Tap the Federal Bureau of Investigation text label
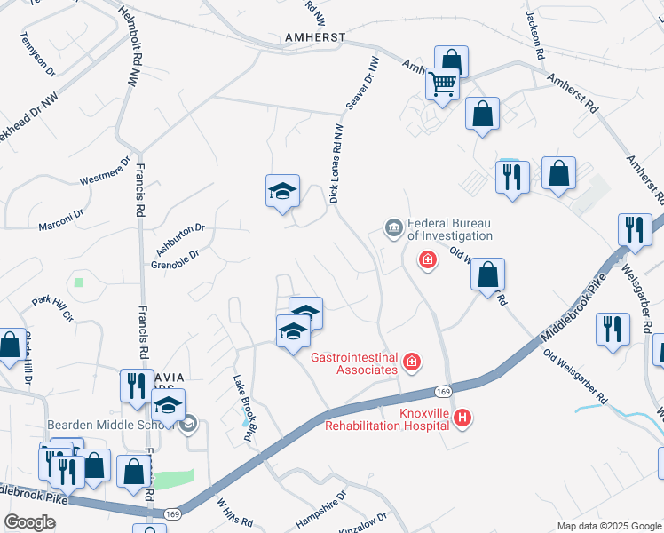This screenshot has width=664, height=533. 449,230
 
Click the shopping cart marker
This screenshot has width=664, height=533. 442,84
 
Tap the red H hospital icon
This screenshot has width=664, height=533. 462,417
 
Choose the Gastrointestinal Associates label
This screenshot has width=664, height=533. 353,363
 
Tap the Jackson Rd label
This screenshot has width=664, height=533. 534,36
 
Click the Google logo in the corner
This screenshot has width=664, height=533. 29,522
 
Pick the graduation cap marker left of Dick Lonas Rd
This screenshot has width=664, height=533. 282,190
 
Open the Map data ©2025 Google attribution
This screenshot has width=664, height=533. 609,526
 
